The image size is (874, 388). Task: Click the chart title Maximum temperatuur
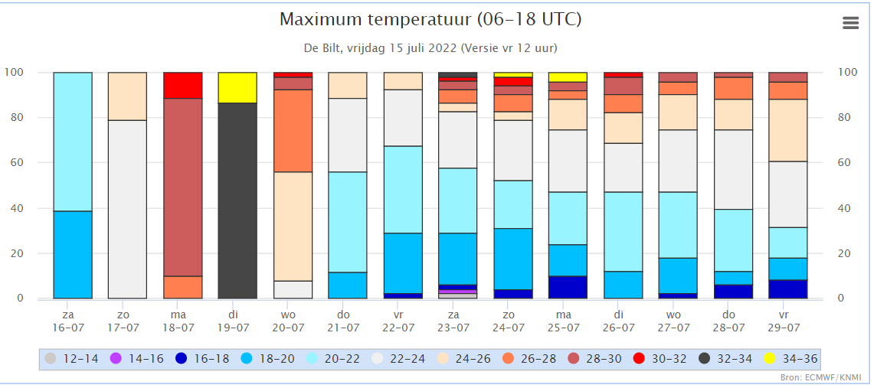pos(430,19)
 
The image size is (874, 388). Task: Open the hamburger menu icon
pos(850,23)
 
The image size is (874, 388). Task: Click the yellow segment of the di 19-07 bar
pos(237,87)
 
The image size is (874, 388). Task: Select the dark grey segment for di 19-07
pos(237,201)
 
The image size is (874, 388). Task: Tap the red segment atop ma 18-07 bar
pos(183,85)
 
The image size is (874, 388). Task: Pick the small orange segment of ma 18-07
pos(183,287)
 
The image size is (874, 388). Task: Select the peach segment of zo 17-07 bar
pos(128,96)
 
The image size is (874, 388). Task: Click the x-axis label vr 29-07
pos(784,321)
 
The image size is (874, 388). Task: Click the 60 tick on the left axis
pos(15,163)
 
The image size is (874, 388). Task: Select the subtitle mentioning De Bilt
pos(430,47)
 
